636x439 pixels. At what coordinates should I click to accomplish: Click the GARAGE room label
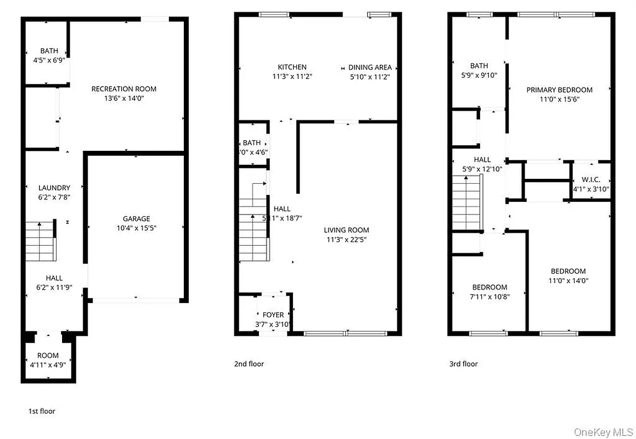(136, 218)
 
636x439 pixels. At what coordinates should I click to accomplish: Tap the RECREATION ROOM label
(123, 89)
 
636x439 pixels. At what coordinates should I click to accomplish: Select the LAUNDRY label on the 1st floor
(54, 188)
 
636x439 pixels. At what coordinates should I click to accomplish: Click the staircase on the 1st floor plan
(41, 240)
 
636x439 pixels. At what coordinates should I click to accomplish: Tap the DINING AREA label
(370, 67)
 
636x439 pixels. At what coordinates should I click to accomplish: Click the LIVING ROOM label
(346, 230)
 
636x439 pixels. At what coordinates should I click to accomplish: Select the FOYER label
(273, 315)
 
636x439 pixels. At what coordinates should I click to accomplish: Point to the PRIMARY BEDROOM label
(559, 90)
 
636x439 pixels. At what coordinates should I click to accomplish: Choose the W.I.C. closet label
(591, 180)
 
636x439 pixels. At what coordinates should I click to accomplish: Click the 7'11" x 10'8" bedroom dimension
(490, 297)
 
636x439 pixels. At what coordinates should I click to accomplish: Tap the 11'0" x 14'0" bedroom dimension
(568, 280)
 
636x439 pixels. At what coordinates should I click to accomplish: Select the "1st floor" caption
(42, 411)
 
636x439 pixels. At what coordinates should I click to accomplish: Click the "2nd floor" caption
(249, 364)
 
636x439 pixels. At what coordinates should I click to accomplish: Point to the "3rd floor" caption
(463, 364)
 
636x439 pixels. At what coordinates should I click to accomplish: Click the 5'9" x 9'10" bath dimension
(479, 75)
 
